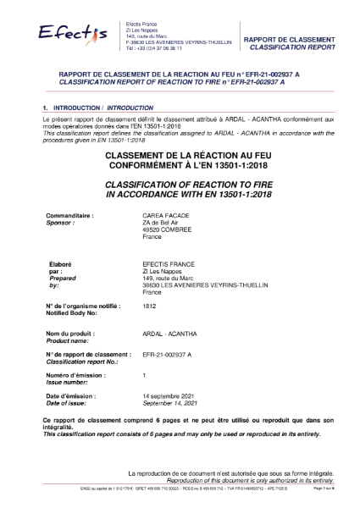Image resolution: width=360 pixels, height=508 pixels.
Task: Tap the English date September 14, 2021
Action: point(174,403)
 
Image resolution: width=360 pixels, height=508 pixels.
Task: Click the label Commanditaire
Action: point(69,216)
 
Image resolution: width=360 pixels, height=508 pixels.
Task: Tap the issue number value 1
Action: point(145,373)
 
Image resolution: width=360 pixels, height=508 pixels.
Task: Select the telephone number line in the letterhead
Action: point(152,51)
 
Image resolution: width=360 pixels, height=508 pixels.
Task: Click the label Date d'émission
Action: point(70,396)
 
